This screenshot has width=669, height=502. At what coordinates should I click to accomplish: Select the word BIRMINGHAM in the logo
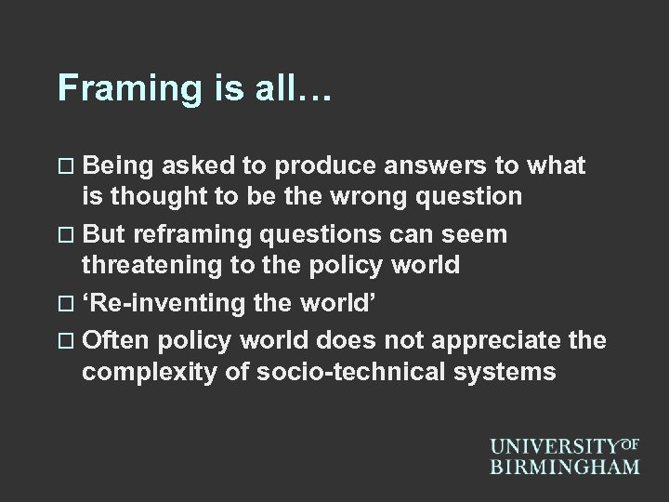565,467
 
